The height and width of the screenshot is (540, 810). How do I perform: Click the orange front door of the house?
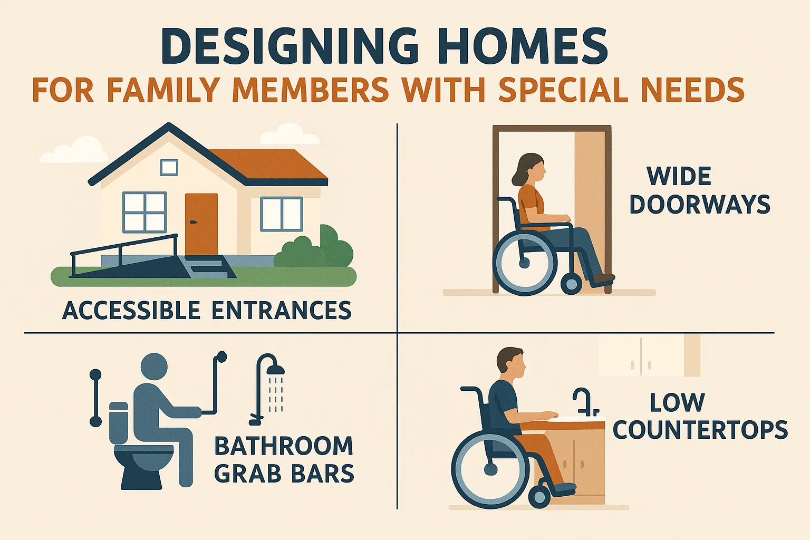(201, 224)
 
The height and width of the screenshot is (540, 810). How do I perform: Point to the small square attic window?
(169, 168)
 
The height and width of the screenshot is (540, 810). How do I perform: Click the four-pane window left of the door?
(144, 212)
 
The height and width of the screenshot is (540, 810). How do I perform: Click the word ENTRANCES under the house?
(282, 310)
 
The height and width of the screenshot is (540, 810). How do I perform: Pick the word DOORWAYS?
(700, 205)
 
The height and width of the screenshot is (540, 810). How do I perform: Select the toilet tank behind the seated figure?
(119, 422)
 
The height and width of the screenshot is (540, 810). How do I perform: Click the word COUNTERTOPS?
(700, 430)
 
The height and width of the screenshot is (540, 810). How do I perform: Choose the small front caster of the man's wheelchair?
(539, 497)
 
